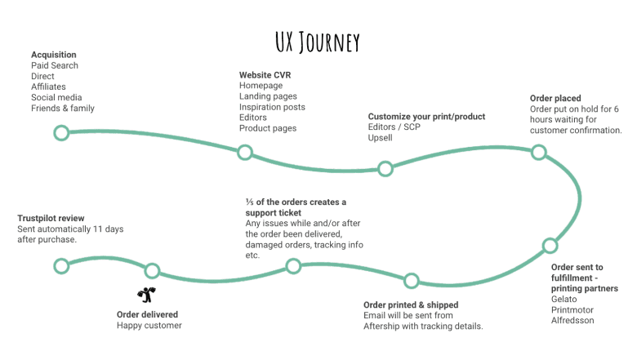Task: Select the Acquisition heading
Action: coord(54,55)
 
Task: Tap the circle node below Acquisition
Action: coord(61,132)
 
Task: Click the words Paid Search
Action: coord(55,65)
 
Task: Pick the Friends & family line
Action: coord(63,108)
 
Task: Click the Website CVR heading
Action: coord(265,75)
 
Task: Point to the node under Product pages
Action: coord(244,152)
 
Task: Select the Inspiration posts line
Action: coord(272,107)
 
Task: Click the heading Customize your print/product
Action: coord(426,117)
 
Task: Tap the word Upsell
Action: coord(381,138)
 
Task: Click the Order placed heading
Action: coord(555,99)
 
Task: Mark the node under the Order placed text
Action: coord(538,152)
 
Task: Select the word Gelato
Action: coord(564,299)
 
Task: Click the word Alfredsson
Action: coord(572,320)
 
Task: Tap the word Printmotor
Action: coord(572,309)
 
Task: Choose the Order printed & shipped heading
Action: coord(411,305)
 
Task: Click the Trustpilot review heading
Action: coord(51,218)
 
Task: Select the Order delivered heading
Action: coord(147,314)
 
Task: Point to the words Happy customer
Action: coord(149,325)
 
